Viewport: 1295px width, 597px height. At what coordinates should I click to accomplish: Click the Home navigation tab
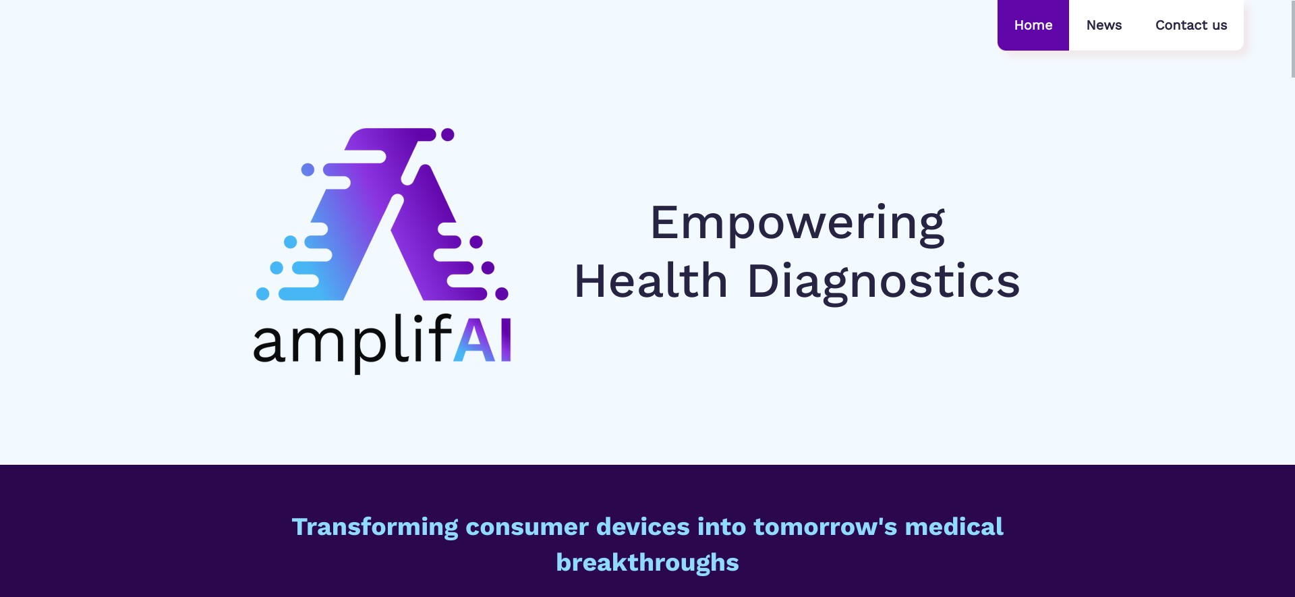coord(1033,25)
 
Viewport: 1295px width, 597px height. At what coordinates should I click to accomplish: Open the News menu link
coord(1103,25)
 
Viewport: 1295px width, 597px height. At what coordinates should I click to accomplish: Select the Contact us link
coord(1190,25)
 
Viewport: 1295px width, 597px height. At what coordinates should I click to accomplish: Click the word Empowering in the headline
coord(797,223)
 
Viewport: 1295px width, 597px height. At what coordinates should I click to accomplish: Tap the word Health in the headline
coord(651,281)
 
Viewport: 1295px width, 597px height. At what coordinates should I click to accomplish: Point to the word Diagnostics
coord(884,281)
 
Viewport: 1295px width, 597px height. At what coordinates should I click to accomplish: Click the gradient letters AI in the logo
coord(482,340)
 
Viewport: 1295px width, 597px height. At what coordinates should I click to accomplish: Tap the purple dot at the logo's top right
coord(448,135)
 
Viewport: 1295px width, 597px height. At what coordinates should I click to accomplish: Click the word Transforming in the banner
coord(374,527)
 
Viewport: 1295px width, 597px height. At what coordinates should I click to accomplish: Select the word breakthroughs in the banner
coord(647,563)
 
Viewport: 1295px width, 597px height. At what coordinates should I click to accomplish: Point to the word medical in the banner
coord(954,527)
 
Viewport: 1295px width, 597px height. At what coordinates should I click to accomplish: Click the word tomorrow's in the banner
coord(826,527)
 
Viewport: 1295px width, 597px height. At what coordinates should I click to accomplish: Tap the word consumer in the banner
coord(527,527)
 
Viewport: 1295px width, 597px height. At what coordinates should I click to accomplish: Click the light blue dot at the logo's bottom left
coord(263,293)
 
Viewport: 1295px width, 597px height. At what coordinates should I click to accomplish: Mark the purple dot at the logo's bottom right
coord(502,293)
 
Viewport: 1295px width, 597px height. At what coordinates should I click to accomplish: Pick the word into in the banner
coord(722,527)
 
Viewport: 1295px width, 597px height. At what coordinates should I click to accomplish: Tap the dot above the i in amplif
coord(418,318)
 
